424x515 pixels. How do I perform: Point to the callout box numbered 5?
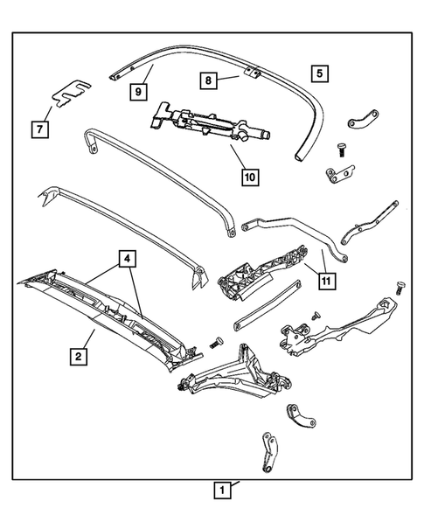coord(320,73)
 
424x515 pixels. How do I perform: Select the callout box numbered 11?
coord(324,282)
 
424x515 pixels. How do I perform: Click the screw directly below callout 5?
coord(341,150)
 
